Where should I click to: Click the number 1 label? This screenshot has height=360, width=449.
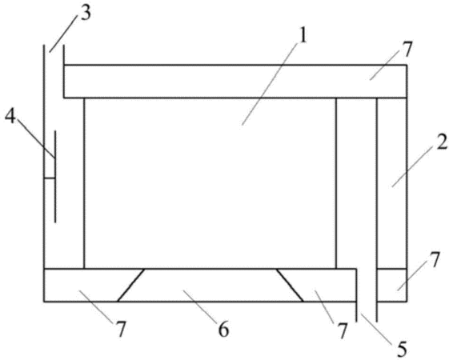click(303, 36)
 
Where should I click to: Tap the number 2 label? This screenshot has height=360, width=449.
click(442, 142)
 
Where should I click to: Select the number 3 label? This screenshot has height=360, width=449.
click(85, 13)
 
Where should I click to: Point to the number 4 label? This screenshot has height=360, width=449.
click(10, 116)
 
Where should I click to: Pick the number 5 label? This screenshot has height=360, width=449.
click(402, 349)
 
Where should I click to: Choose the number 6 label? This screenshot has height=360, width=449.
click(223, 329)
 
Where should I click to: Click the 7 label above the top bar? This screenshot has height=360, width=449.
click(407, 49)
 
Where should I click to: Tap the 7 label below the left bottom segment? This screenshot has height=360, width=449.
click(120, 329)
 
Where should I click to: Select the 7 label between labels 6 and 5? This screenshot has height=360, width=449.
click(342, 330)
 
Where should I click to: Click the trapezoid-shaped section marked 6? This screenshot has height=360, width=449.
click(210, 285)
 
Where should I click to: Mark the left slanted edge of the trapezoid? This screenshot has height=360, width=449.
click(130, 285)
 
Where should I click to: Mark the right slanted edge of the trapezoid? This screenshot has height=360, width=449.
click(290, 285)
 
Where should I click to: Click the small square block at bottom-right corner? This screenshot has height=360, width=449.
click(391, 285)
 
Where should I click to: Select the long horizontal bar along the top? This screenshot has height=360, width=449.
click(235, 82)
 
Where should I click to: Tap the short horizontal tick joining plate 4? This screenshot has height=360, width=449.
click(50, 178)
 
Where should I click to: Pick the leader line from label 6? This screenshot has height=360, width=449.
click(200, 305)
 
